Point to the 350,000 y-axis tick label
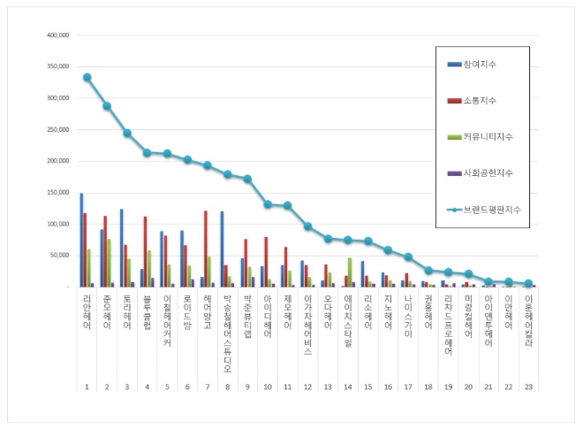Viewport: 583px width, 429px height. click(x=57, y=67)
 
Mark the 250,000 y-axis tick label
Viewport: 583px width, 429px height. click(x=57, y=130)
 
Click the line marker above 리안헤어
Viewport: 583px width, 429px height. click(x=87, y=77)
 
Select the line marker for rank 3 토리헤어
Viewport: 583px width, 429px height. click(x=127, y=133)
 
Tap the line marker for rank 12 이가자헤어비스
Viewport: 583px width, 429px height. click(x=308, y=226)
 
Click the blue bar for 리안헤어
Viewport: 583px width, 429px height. click(x=81, y=240)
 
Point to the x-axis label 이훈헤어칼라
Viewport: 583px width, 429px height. click(x=529, y=319)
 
